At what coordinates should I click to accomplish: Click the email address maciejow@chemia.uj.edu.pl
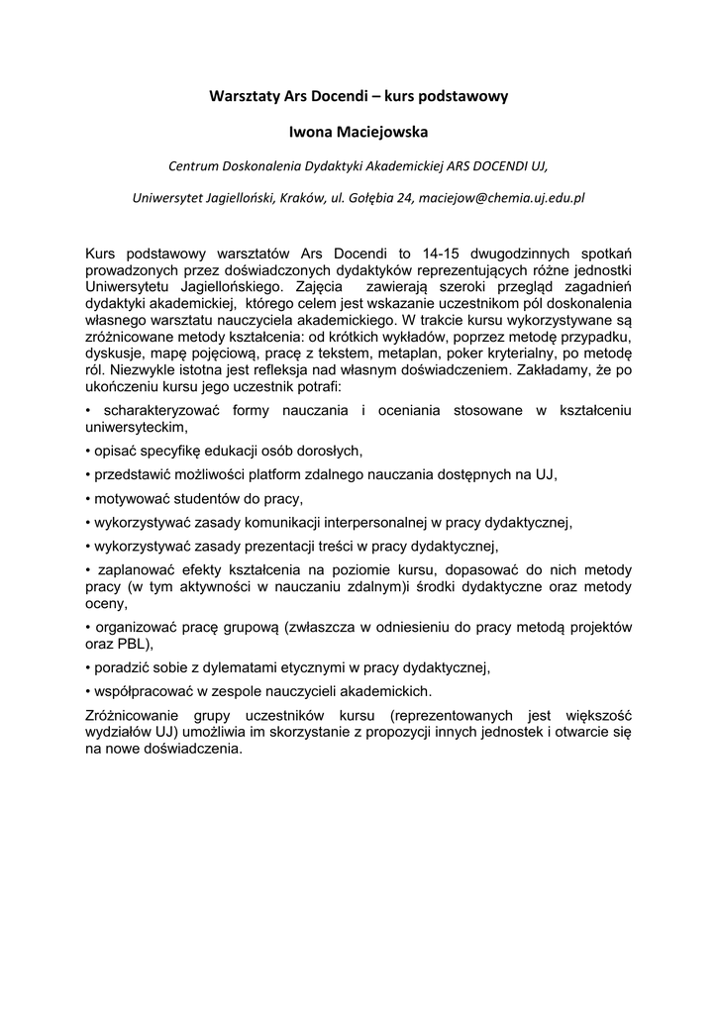point(502,197)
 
